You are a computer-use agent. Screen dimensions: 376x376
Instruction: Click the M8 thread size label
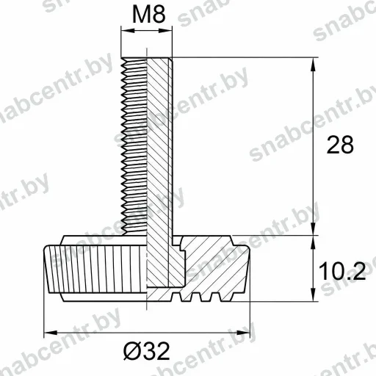149,15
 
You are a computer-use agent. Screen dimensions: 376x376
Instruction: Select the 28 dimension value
340,145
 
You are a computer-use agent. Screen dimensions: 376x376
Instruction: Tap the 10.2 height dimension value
342,271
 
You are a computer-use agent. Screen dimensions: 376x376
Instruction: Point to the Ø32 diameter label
146,351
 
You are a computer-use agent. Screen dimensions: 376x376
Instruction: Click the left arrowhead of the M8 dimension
128,31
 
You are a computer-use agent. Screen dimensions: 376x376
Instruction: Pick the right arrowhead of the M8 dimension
165,31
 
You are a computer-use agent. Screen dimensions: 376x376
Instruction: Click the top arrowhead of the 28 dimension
313,65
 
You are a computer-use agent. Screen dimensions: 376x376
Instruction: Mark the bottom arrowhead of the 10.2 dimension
313,294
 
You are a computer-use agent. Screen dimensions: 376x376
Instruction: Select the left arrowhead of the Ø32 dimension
51,333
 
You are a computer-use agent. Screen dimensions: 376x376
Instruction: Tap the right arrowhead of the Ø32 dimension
243,333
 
